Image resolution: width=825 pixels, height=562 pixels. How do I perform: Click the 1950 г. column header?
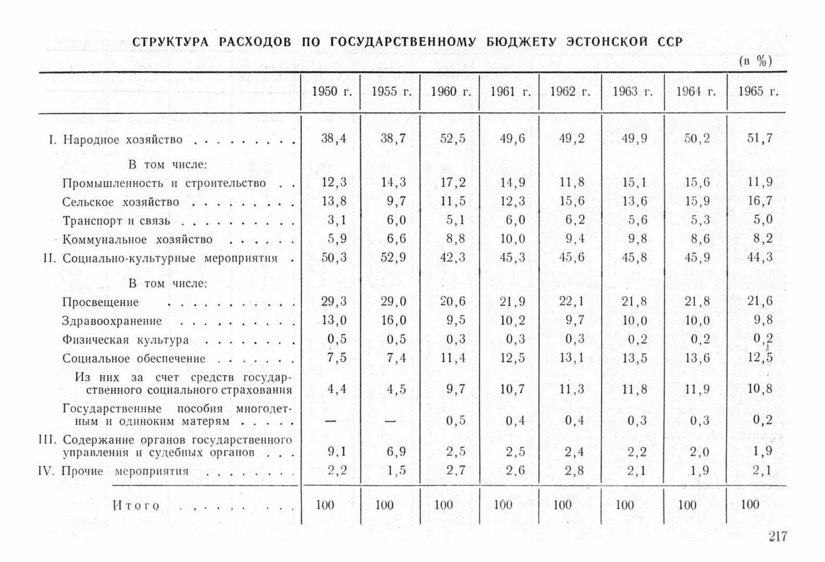click(x=332, y=92)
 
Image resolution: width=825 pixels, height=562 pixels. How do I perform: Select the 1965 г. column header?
click(x=758, y=92)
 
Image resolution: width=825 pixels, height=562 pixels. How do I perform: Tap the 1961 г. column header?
click(x=510, y=92)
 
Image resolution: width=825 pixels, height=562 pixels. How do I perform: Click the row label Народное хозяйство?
click(x=123, y=140)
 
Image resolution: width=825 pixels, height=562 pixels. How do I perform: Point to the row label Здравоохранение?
click(x=112, y=321)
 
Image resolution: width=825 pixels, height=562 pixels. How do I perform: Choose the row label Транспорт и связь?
click(x=116, y=221)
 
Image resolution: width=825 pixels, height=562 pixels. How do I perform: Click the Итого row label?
click(x=136, y=505)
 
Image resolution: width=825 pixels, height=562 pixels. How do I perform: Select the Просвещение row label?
click(x=101, y=302)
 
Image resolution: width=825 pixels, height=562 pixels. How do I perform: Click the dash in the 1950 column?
click(x=330, y=421)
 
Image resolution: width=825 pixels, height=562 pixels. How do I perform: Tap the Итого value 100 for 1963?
click(x=624, y=505)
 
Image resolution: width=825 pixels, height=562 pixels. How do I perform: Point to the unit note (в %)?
click(x=755, y=62)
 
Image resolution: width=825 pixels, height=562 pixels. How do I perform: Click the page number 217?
click(x=778, y=536)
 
